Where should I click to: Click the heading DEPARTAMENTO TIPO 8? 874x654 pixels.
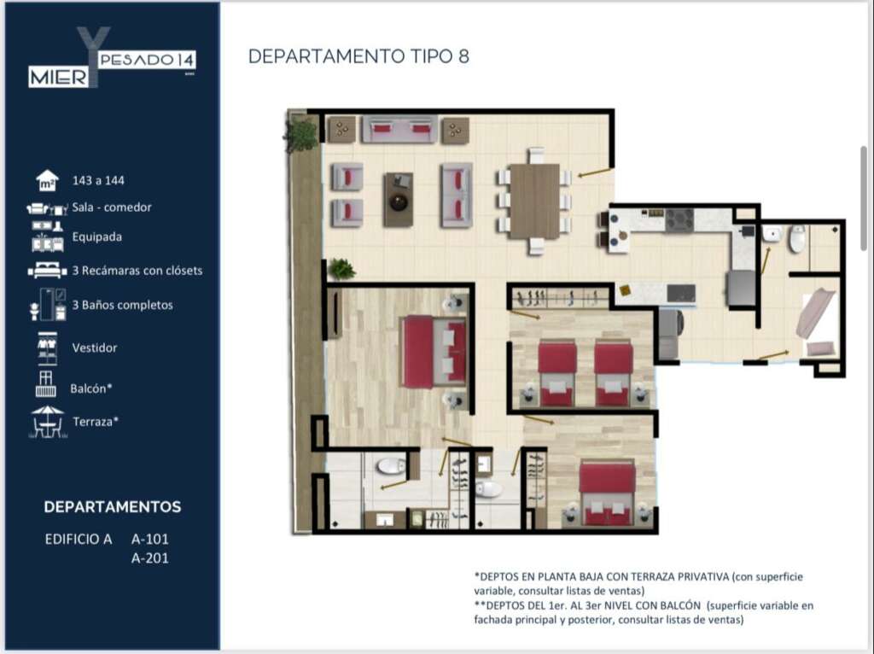[358, 56]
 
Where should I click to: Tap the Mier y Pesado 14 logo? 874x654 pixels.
[112, 57]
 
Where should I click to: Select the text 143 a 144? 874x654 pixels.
[98, 181]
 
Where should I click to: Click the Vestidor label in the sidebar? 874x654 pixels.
[95, 347]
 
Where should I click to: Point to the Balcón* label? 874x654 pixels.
[91, 388]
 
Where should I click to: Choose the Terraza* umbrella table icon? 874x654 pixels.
[48, 422]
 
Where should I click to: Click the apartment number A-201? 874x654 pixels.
[150, 558]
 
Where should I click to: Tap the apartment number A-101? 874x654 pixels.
[150, 539]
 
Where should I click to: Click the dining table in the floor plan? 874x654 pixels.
[534, 201]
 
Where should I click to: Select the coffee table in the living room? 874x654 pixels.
[399, 200]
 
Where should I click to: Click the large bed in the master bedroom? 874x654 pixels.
[434, 351]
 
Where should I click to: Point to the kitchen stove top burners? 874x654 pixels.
[679, 219]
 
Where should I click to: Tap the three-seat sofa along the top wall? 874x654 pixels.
[399, 130]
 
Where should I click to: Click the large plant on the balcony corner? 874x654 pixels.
[301, 135]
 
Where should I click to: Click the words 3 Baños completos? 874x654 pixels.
[123, 305]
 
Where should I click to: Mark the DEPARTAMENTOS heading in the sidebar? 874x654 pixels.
[113, 507]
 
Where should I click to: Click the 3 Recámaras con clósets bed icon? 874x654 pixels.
[48, 271]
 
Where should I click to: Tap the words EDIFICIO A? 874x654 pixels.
[79, 539]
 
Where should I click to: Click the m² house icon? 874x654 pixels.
[48, 181]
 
